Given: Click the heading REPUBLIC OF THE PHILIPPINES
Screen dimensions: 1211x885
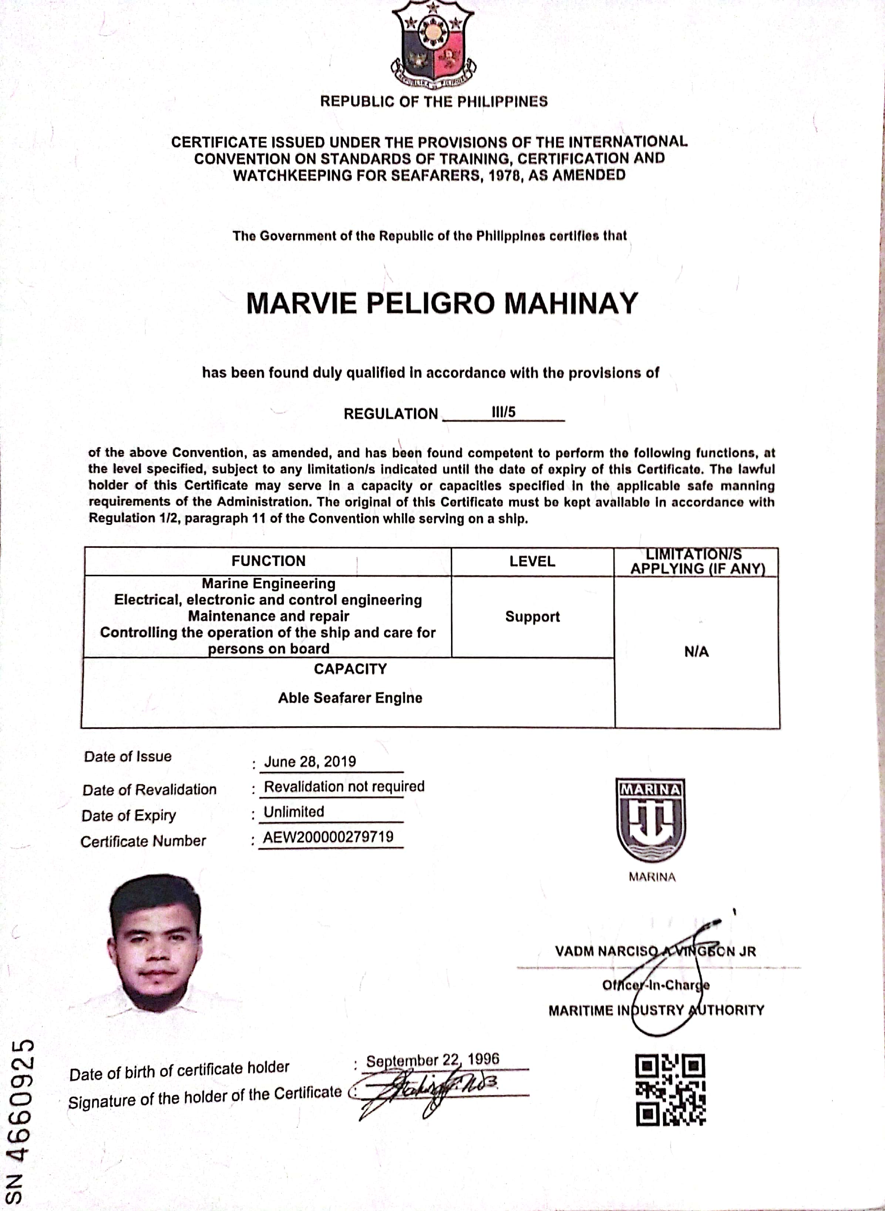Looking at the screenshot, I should click(433, 101).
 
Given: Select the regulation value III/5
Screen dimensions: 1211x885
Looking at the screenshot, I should click(503, 412).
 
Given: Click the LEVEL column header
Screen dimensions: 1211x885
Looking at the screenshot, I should click(532, 561).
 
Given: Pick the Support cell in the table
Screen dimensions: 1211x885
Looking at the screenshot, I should click(532, 616).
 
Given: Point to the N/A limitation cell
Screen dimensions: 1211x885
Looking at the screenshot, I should click(696, 652).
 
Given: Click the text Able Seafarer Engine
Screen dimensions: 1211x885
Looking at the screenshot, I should click(350, 698).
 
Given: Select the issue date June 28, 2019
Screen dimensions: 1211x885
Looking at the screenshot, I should click(310, 761).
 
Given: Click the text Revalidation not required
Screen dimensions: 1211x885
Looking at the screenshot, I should click(344, 786).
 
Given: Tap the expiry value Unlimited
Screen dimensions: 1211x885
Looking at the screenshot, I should click(293, 811).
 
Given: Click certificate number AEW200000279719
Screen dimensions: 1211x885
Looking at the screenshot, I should click(328, 837).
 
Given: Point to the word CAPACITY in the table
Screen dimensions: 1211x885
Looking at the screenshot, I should click(350, 669).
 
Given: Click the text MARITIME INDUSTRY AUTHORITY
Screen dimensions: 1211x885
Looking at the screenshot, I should click(656, 1010).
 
